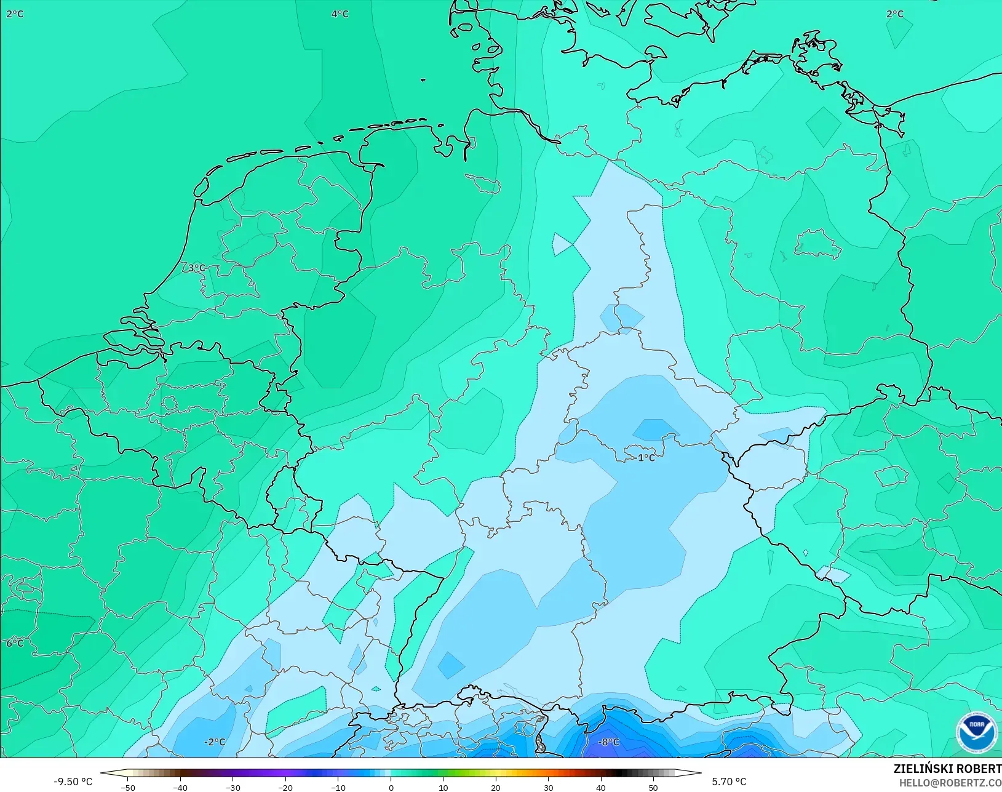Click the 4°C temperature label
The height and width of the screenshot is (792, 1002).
340,14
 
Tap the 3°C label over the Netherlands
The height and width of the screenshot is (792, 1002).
196,268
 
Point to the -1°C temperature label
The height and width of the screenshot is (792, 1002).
645,457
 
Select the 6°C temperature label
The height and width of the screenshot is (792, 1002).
15,643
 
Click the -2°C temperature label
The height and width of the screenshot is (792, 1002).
215,742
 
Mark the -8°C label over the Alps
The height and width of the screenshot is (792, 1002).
608,742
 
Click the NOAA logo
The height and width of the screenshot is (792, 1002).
976,732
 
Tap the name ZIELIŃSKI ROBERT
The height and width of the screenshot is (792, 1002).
947,769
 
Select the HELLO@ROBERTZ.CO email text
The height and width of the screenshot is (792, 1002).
950,783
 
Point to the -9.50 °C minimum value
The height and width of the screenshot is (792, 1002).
73,782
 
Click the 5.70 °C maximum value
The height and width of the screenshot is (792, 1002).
729,782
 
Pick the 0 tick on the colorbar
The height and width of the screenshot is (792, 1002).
391,787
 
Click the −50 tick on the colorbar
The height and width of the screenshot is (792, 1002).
128,787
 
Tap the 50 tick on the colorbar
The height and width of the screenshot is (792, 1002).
653,787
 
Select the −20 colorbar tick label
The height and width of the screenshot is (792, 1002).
285,787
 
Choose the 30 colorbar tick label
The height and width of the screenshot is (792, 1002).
548,787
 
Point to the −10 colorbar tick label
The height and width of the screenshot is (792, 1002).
338,787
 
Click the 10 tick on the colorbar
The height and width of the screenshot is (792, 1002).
443,787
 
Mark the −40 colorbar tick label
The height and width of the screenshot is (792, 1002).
180,787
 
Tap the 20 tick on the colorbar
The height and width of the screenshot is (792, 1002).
496,787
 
